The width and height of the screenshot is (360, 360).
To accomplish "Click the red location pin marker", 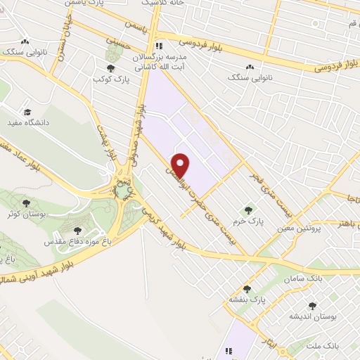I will (x=181, y=165).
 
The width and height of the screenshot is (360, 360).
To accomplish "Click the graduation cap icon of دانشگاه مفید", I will (x=27, y=111).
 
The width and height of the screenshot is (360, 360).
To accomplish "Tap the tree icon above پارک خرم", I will (x=247, y=210).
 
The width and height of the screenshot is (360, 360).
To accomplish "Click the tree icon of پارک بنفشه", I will (x=247, y=288).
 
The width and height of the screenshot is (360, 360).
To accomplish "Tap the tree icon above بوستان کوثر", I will (x=26, y=202).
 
